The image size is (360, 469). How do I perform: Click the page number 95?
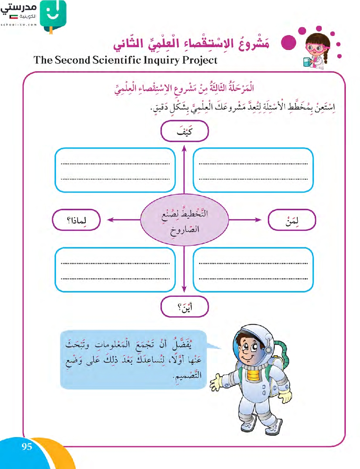27,446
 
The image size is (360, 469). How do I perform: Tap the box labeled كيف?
184,131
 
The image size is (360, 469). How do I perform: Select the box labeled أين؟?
184,307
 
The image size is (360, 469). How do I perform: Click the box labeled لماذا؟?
76,220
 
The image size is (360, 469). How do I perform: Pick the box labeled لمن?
292,220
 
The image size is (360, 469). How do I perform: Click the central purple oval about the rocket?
184,220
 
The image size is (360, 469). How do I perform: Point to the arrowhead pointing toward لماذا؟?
110,220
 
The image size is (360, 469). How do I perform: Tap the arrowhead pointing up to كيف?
184,149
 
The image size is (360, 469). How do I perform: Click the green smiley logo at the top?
53,15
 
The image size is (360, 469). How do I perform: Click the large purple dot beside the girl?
288,43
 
